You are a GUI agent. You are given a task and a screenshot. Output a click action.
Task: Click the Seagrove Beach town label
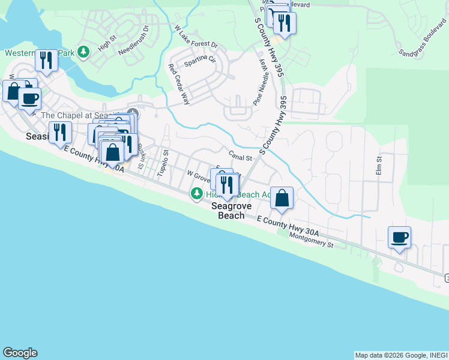click(231, 211)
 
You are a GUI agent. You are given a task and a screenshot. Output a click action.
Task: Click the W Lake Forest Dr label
click(196, 37)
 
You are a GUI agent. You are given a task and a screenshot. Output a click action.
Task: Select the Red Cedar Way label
click(179, 85)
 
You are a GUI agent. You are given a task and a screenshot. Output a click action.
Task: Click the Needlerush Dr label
click(133, 40)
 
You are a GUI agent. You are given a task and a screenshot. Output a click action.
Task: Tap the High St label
click(106, 43)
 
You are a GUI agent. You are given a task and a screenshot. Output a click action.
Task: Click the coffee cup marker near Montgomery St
click(399, 238)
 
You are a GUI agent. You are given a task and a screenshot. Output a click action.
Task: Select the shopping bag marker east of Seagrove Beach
click(282, 197)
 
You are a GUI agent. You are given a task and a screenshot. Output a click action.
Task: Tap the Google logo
click(20, 353)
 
